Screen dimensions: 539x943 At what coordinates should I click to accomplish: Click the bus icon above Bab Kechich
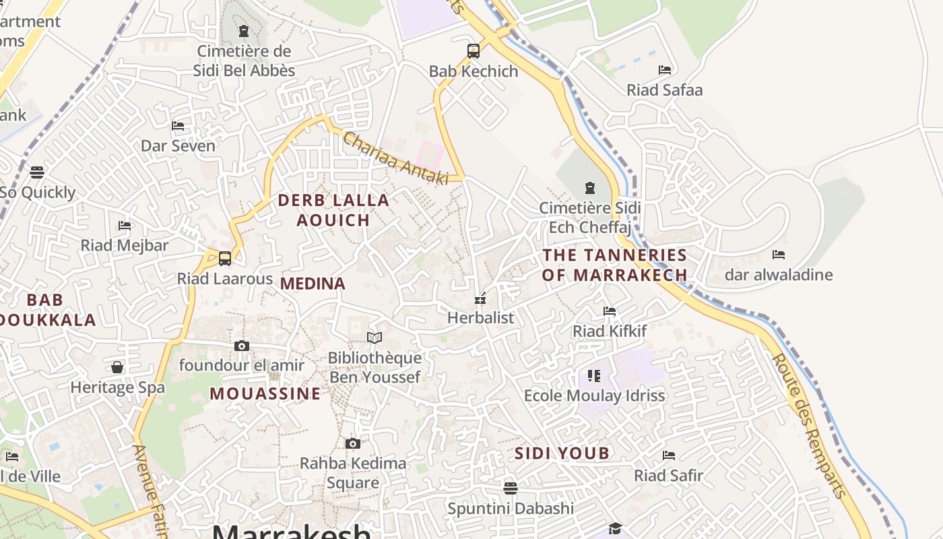pyautogui.click(x=474, y=51)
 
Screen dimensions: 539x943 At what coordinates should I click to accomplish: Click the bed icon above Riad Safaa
pyautogui.click(x=665, y=70)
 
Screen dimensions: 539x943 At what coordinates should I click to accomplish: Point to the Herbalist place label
pyautogui.click(x=480, y=317)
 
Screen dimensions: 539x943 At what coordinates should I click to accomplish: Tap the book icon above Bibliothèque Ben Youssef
pyautogui.click(x=375, y=338)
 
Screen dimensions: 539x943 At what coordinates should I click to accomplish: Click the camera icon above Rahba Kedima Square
pyautogui.click(x=353, y=443)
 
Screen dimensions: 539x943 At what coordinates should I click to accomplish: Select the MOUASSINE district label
pyautogui.click(x=265, y=393)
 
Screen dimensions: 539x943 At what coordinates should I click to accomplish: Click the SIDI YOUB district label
pyautogui.click(x=562, y=453)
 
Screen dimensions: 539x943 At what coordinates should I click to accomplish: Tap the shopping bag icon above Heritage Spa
pyautogui.click(x=117, y=367)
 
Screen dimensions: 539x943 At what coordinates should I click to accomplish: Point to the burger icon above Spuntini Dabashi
pyautogui.click(x=511, y=488)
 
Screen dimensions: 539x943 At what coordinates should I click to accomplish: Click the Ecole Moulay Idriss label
pyautogui.click(x=594, y=395)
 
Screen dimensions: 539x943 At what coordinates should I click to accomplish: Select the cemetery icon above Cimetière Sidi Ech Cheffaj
pyautogui.click(x=590, y=188)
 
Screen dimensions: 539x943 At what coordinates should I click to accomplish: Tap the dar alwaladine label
pyautogui.click(x=779, y=275)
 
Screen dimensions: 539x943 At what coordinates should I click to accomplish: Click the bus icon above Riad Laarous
pyautogui.click(x=225, y=258)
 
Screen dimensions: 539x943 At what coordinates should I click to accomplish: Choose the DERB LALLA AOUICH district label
pyautogui.click(x=333, y=210)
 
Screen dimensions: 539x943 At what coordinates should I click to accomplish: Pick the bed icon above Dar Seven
pyautogui.click(x=178, y=126)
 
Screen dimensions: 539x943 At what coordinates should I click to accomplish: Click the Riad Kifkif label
pyautogui.click(x=610, y=331)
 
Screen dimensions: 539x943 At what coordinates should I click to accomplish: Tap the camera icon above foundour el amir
pyautogui.click(x=242, y=346)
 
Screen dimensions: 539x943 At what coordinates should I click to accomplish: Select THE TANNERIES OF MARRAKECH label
pyautogui.click(x=614, y=265)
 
